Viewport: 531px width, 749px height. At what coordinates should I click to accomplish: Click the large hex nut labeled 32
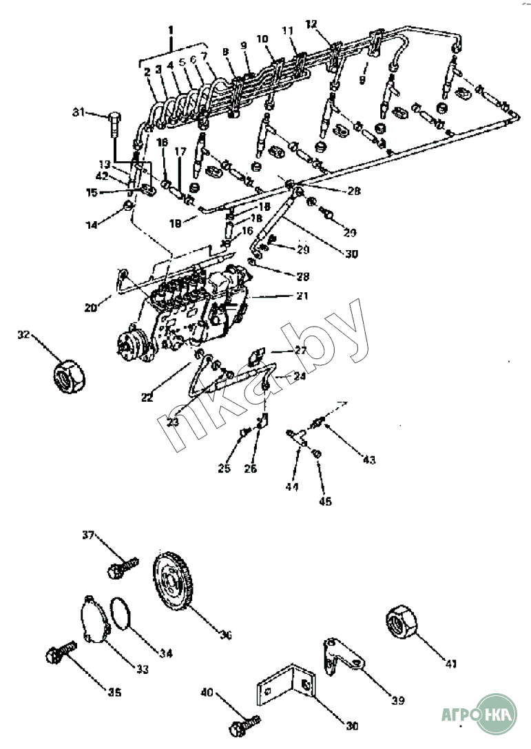[70, 375]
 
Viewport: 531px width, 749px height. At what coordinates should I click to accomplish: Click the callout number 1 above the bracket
[171, 30]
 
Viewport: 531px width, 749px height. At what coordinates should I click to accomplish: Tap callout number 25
[224, 469]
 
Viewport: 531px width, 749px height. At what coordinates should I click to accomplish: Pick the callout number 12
[312, 24]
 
